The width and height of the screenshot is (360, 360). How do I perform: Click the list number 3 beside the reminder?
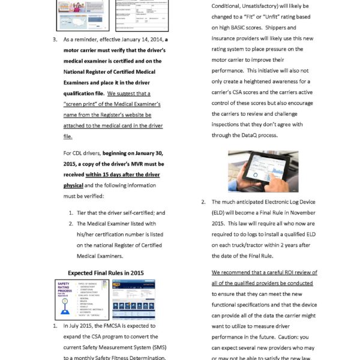click(55, 39)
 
